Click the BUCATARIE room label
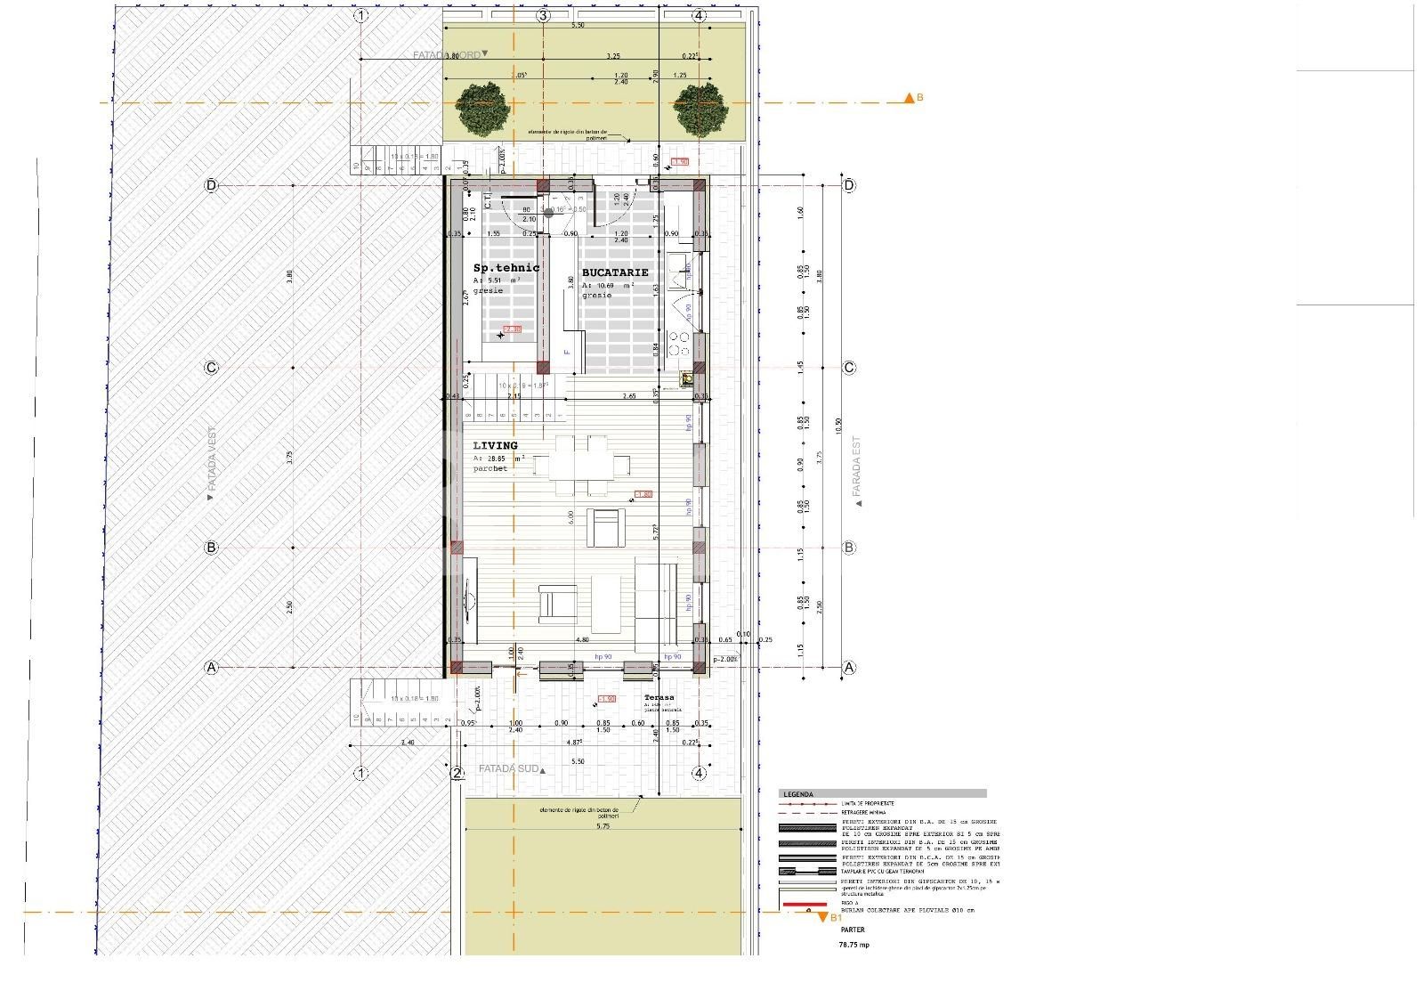coord(615,272)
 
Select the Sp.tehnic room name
coord(506,267)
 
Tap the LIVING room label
coord(495,445)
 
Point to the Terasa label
coord(659,698)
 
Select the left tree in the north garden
coord(484,110)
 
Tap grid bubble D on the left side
coord(211,185)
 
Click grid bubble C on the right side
coord(849,368)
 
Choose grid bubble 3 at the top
coord(543,16)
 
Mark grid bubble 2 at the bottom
coord(457,773)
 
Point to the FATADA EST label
coord(857,467)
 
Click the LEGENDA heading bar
coord(882,793)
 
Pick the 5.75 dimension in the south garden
coord(603,826)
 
